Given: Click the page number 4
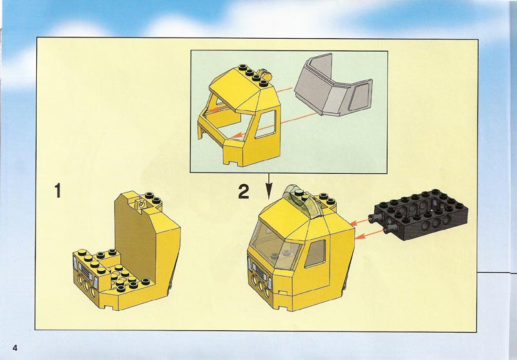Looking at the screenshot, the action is [x=15, y=348].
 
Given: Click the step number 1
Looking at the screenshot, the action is [x=58, y=191].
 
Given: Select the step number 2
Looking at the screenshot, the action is [x=244, y=191].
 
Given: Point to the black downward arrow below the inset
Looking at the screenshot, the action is [x=269, y=186].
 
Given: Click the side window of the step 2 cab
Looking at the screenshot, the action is [x=315, y=253].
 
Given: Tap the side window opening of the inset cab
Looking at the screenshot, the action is [x=266, y=124].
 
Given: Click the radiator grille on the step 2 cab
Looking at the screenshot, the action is [x=260, y=273].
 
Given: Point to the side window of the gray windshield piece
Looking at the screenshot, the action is [x=359, y=96].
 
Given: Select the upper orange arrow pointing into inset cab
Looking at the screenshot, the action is [x=251, y=99].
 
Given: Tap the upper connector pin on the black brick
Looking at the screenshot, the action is [x=377, y=217].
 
